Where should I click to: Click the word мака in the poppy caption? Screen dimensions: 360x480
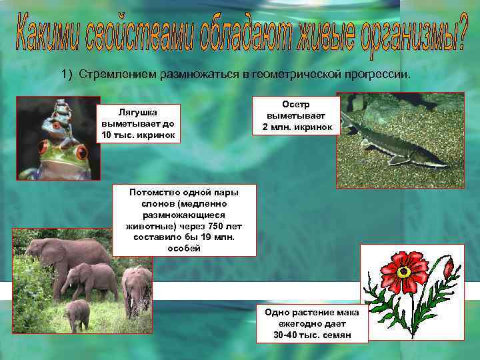(347, 312)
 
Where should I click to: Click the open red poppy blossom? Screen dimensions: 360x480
(404, 270)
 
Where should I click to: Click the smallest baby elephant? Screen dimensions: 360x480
(78, 313)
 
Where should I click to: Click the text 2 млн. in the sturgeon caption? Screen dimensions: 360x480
(278, 127)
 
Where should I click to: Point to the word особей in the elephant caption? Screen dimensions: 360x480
(183, 249)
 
